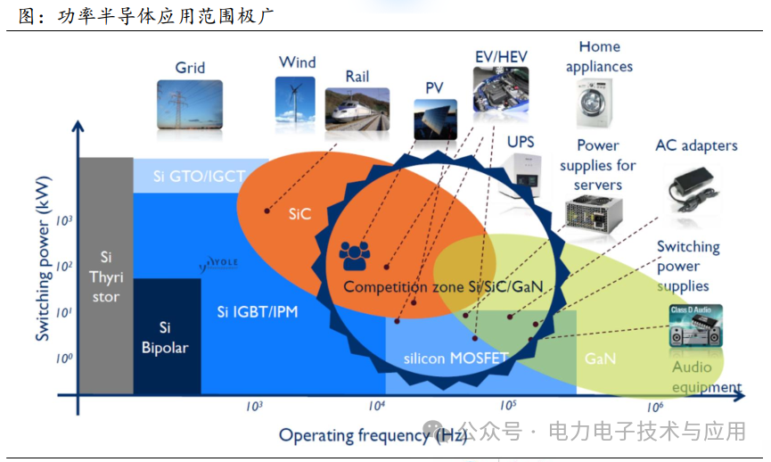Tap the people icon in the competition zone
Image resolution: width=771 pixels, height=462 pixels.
(355, 257)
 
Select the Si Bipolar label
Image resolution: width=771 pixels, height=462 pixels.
(165, 337)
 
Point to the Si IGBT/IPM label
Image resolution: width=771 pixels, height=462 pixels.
(258, 312)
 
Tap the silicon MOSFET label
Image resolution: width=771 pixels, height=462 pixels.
(455, 359)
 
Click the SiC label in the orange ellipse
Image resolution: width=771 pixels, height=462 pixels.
(299, 214)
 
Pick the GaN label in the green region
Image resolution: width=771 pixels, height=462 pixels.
(600, 359)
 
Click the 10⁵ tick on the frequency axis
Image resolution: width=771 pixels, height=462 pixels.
(510, 407)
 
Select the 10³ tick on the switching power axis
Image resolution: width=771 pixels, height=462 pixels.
(63, 219)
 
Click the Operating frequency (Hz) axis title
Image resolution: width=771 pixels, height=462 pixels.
(373, 435)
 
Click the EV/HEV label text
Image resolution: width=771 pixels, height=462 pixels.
(501, 57)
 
